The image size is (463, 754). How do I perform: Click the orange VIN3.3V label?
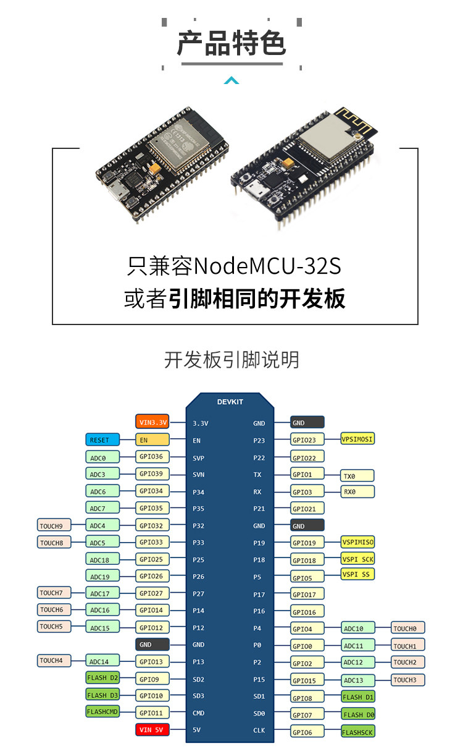(152, 423)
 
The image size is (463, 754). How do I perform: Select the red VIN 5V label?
(152, 730)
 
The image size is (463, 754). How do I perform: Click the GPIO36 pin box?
(152, 457)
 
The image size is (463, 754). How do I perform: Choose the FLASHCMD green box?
(102, 712)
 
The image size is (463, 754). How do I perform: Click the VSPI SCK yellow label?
(358, 559)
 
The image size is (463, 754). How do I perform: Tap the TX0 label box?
(357, 476)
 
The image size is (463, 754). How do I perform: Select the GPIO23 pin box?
(307, 440)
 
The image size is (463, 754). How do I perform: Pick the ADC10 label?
(358, 629)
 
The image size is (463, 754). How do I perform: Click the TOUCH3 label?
(408, 680)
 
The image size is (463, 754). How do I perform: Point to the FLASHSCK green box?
(358, 732)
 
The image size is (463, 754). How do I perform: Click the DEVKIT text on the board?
(230, 402)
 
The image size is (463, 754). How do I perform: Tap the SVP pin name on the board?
(199, 458)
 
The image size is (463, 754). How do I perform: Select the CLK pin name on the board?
(259, 731)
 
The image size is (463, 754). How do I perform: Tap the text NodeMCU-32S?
(267, 266)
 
